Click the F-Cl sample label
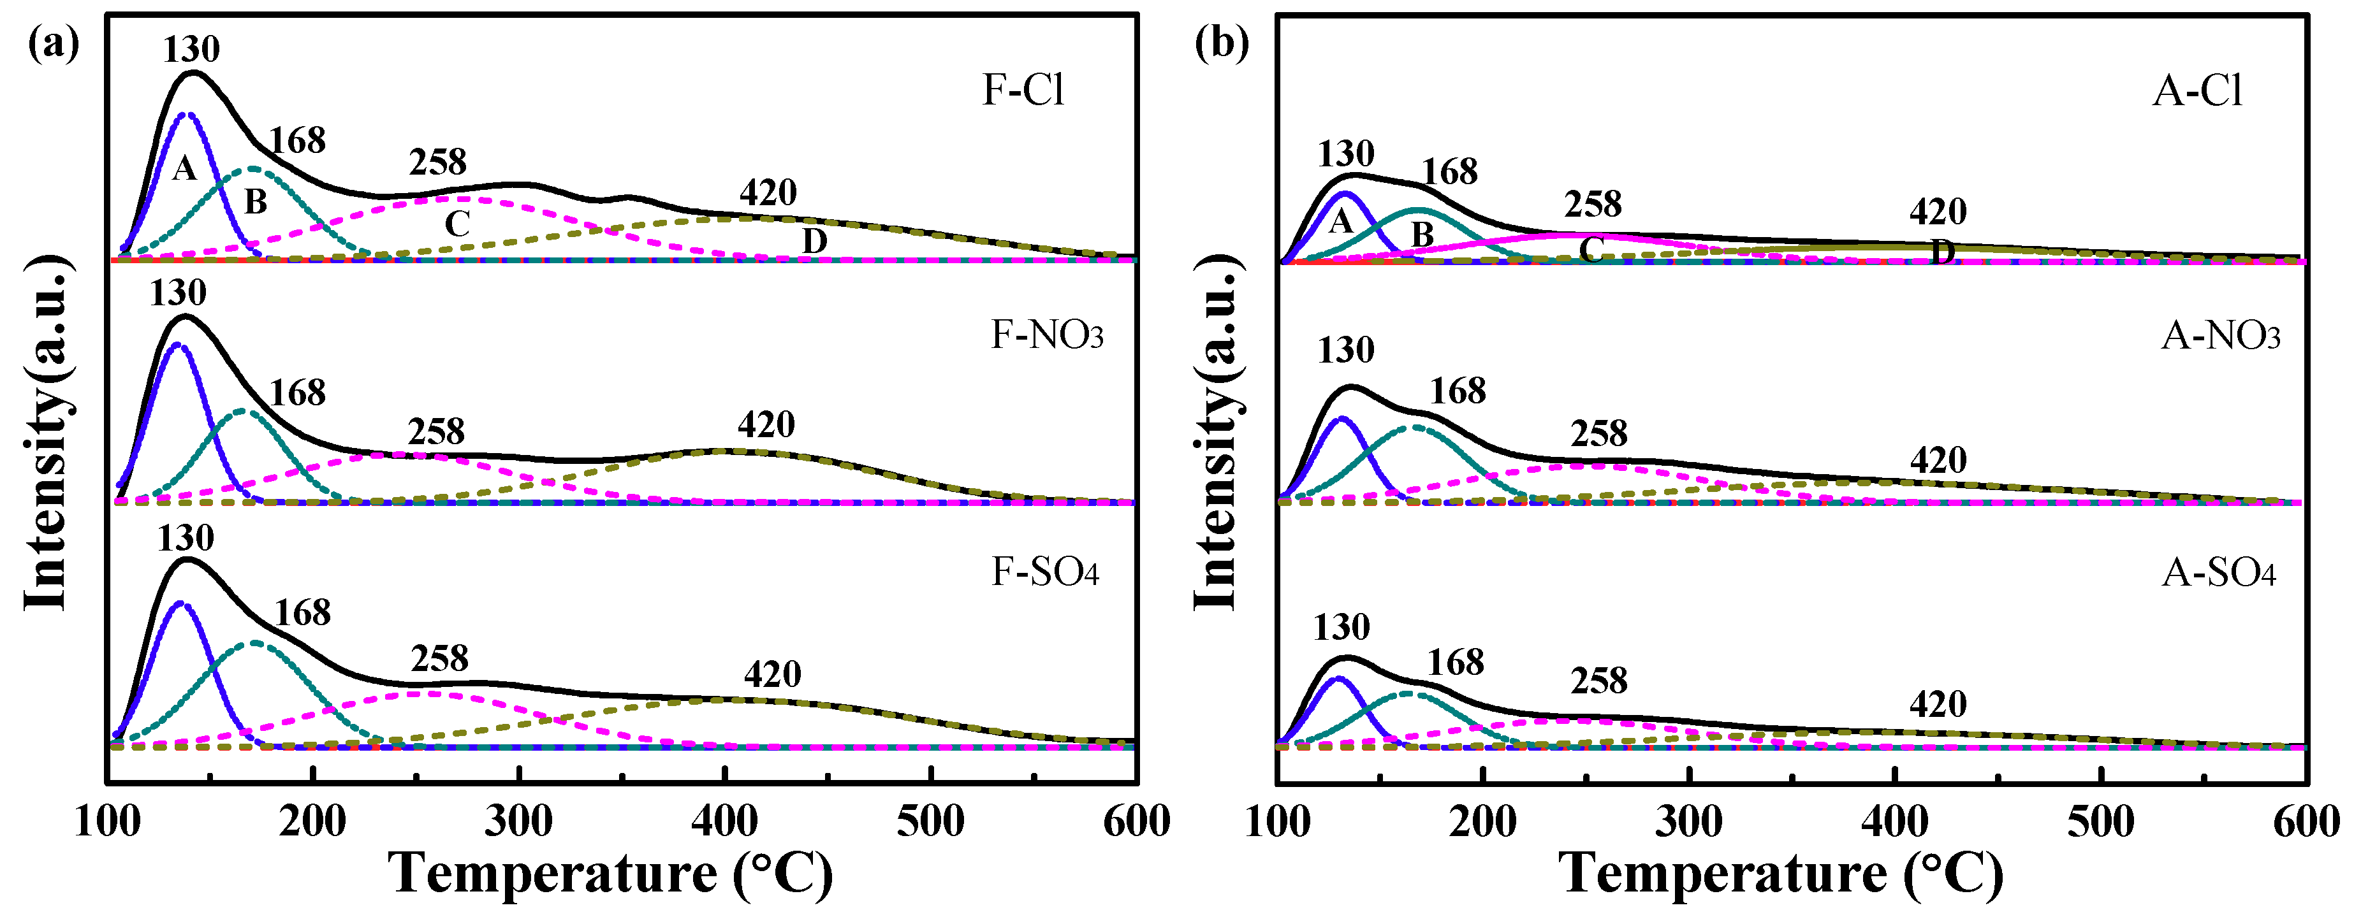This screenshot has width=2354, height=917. [x=1023, y=90]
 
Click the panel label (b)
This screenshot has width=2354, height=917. [x=1222, y=42]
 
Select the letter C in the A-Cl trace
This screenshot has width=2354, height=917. [x=1591, y=249]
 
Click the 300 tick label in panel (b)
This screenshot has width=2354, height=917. [x=1690, y=822]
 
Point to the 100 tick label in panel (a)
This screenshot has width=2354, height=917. [x=108, y=822]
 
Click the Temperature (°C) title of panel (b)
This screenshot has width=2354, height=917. [x=1780, y=874]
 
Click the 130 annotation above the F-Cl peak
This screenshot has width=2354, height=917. [x=192, y=49]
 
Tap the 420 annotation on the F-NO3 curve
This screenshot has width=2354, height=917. [x=766, y=424]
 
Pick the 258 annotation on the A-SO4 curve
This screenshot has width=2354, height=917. [x=1599, y=681]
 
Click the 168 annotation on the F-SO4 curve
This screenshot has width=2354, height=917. [x=302, y=613]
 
